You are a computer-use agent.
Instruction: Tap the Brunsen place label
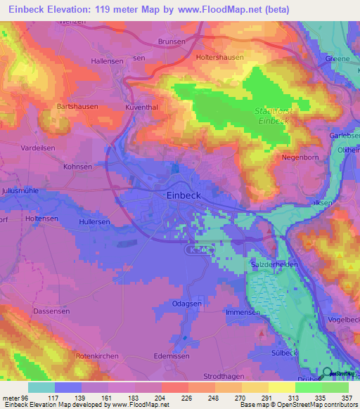172,41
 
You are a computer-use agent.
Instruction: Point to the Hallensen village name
108,61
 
